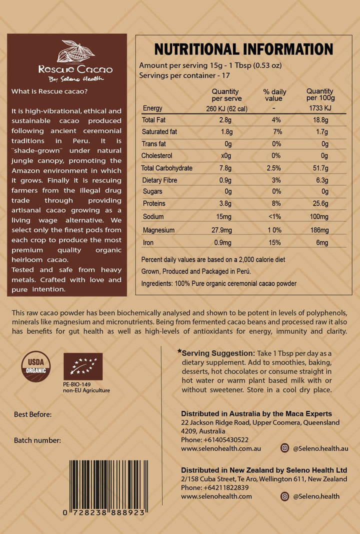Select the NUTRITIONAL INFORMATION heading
click(x=243, y=49)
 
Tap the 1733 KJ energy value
click(x=320, y=108)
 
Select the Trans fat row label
click(x=154, y=144)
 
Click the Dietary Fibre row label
click(x=160, y=180)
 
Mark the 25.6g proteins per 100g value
click(x=320, y=204)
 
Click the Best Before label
click(x=33, y=414)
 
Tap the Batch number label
click(x=37, y=440)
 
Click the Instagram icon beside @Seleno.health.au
click(x=284, y=448)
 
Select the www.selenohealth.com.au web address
click(x=220, y=448)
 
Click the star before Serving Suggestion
click(x=179, y=351)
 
